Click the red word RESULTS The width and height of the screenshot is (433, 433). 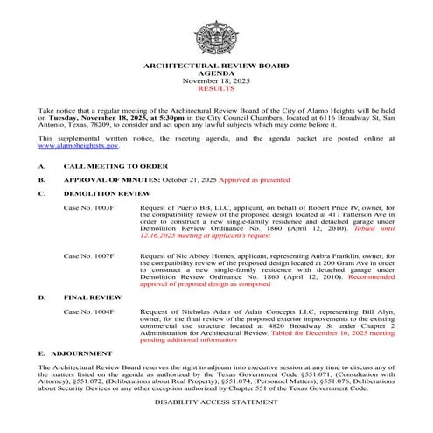216,89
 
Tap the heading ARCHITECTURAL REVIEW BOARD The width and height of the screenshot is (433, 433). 216,66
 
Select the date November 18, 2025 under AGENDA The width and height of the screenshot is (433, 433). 216,81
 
